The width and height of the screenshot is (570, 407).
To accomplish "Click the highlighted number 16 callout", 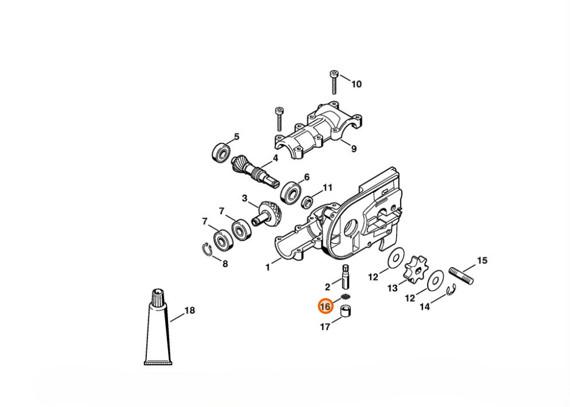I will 326,306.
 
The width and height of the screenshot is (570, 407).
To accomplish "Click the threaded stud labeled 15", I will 461,275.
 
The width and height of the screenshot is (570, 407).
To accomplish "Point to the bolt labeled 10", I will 334,82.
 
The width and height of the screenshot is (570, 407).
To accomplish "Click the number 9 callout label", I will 354,149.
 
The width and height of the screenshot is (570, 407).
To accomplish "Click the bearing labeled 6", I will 290,192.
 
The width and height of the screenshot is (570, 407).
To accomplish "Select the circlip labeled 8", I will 207,250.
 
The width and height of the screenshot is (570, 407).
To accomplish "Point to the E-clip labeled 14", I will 451,289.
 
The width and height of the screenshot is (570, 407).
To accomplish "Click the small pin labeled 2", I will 346,276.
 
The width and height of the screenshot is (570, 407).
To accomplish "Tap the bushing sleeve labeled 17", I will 346,310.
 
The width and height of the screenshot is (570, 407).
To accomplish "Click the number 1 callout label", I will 268,268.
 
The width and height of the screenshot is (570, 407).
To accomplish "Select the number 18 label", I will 190,310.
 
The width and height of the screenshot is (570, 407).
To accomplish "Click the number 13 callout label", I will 393,288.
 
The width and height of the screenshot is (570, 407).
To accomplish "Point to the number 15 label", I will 482,261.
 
